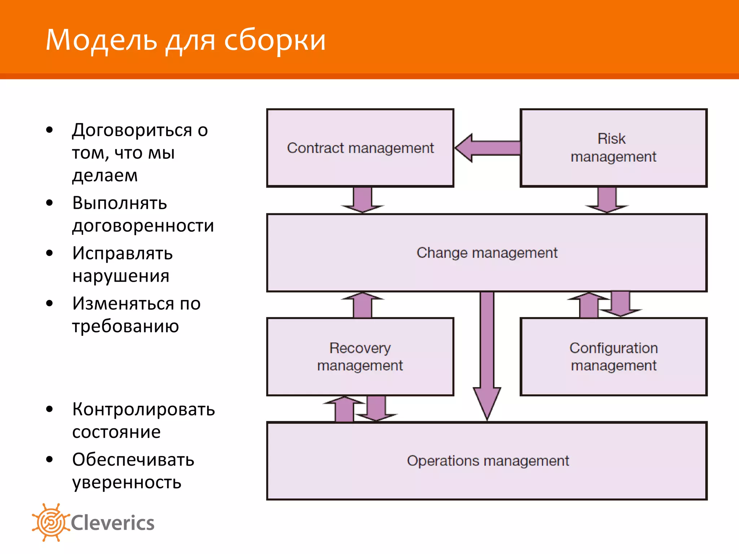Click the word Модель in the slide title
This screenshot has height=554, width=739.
[x=101, y=40]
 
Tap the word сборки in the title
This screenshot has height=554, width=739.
[x=275, y=40]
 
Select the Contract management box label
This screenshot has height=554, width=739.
[x=360, y=148]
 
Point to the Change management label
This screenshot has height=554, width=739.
[x=487, y=252]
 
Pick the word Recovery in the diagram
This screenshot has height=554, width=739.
[x=360, y=348]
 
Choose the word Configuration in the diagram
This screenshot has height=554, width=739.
[x=613, y=348]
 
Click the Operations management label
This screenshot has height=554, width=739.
[x=488, y=461]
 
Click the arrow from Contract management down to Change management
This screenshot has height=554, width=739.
[x=362, y=200]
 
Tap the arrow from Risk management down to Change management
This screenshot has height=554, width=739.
[x=607, y=200]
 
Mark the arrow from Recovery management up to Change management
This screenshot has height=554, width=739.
[x=362, y=305]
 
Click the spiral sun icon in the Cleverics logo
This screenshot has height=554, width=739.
[x=51, y=522]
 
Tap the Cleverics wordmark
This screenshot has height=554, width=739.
[x=113, y=523]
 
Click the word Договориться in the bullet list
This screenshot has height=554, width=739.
[x=132, y=130]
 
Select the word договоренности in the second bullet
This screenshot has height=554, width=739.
[x=143, y=226]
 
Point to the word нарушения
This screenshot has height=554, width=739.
[x=121, y=276]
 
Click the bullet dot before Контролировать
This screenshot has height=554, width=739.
[x=49, y=409]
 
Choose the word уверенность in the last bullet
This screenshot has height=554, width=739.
[x=127, y=482]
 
